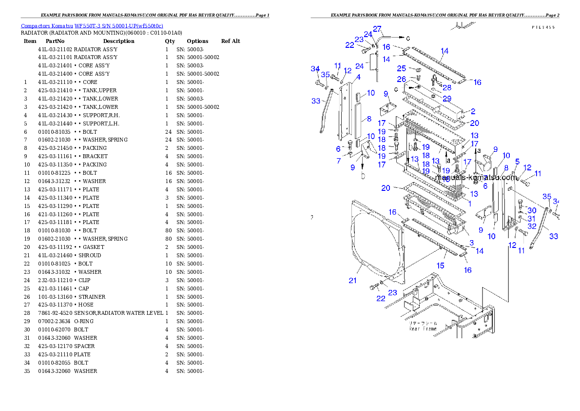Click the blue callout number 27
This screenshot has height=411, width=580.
click(x=377, y=29)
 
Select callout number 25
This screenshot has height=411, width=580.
click(x=401, y=68)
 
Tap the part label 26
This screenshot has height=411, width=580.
click(x=401, y=79)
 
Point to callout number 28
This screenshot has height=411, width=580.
click(x=447, y=88)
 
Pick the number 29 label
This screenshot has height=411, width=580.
click(x=447, y=99)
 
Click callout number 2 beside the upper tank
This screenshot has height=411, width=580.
click(x=473, y=112)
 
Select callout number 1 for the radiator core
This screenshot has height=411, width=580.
click(x=470, y=204)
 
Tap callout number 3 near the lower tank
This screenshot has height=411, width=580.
click(x=471, y=243)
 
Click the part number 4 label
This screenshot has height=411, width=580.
click(x=358, y=77)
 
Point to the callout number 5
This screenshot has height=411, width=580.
click(x=517, y=162)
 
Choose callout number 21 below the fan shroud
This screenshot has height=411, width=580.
click(x=352, y=280)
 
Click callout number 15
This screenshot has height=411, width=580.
click(x=440, y=266)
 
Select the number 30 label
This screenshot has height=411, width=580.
click(x=532, y=210)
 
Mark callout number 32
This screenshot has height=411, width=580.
click(x=532, y=226)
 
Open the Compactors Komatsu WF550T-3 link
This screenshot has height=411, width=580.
click(x=92, y=26)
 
